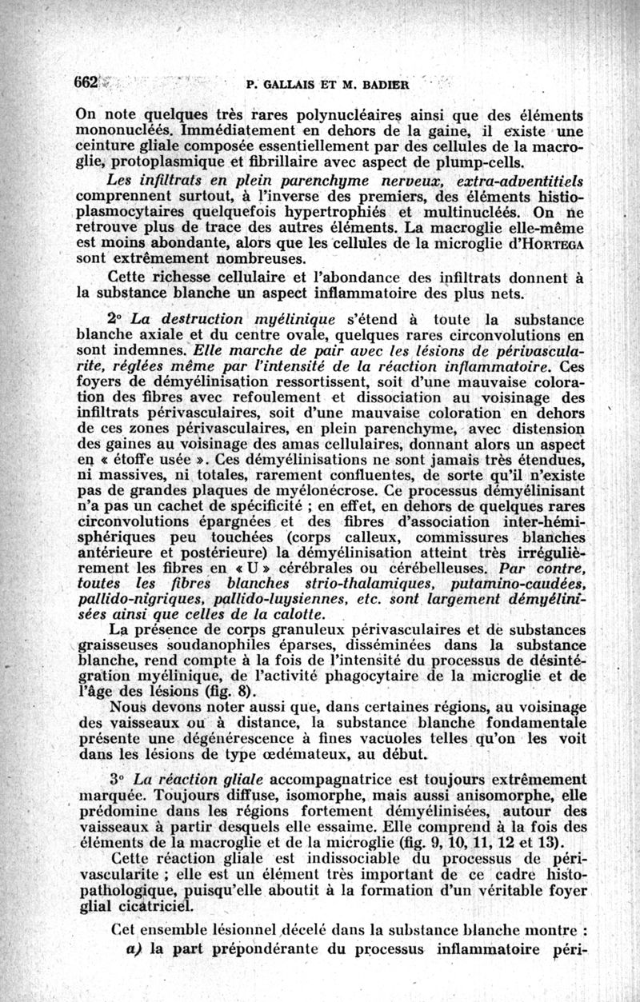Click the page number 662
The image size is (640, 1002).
pyautogui.click(x=86, y=82)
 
